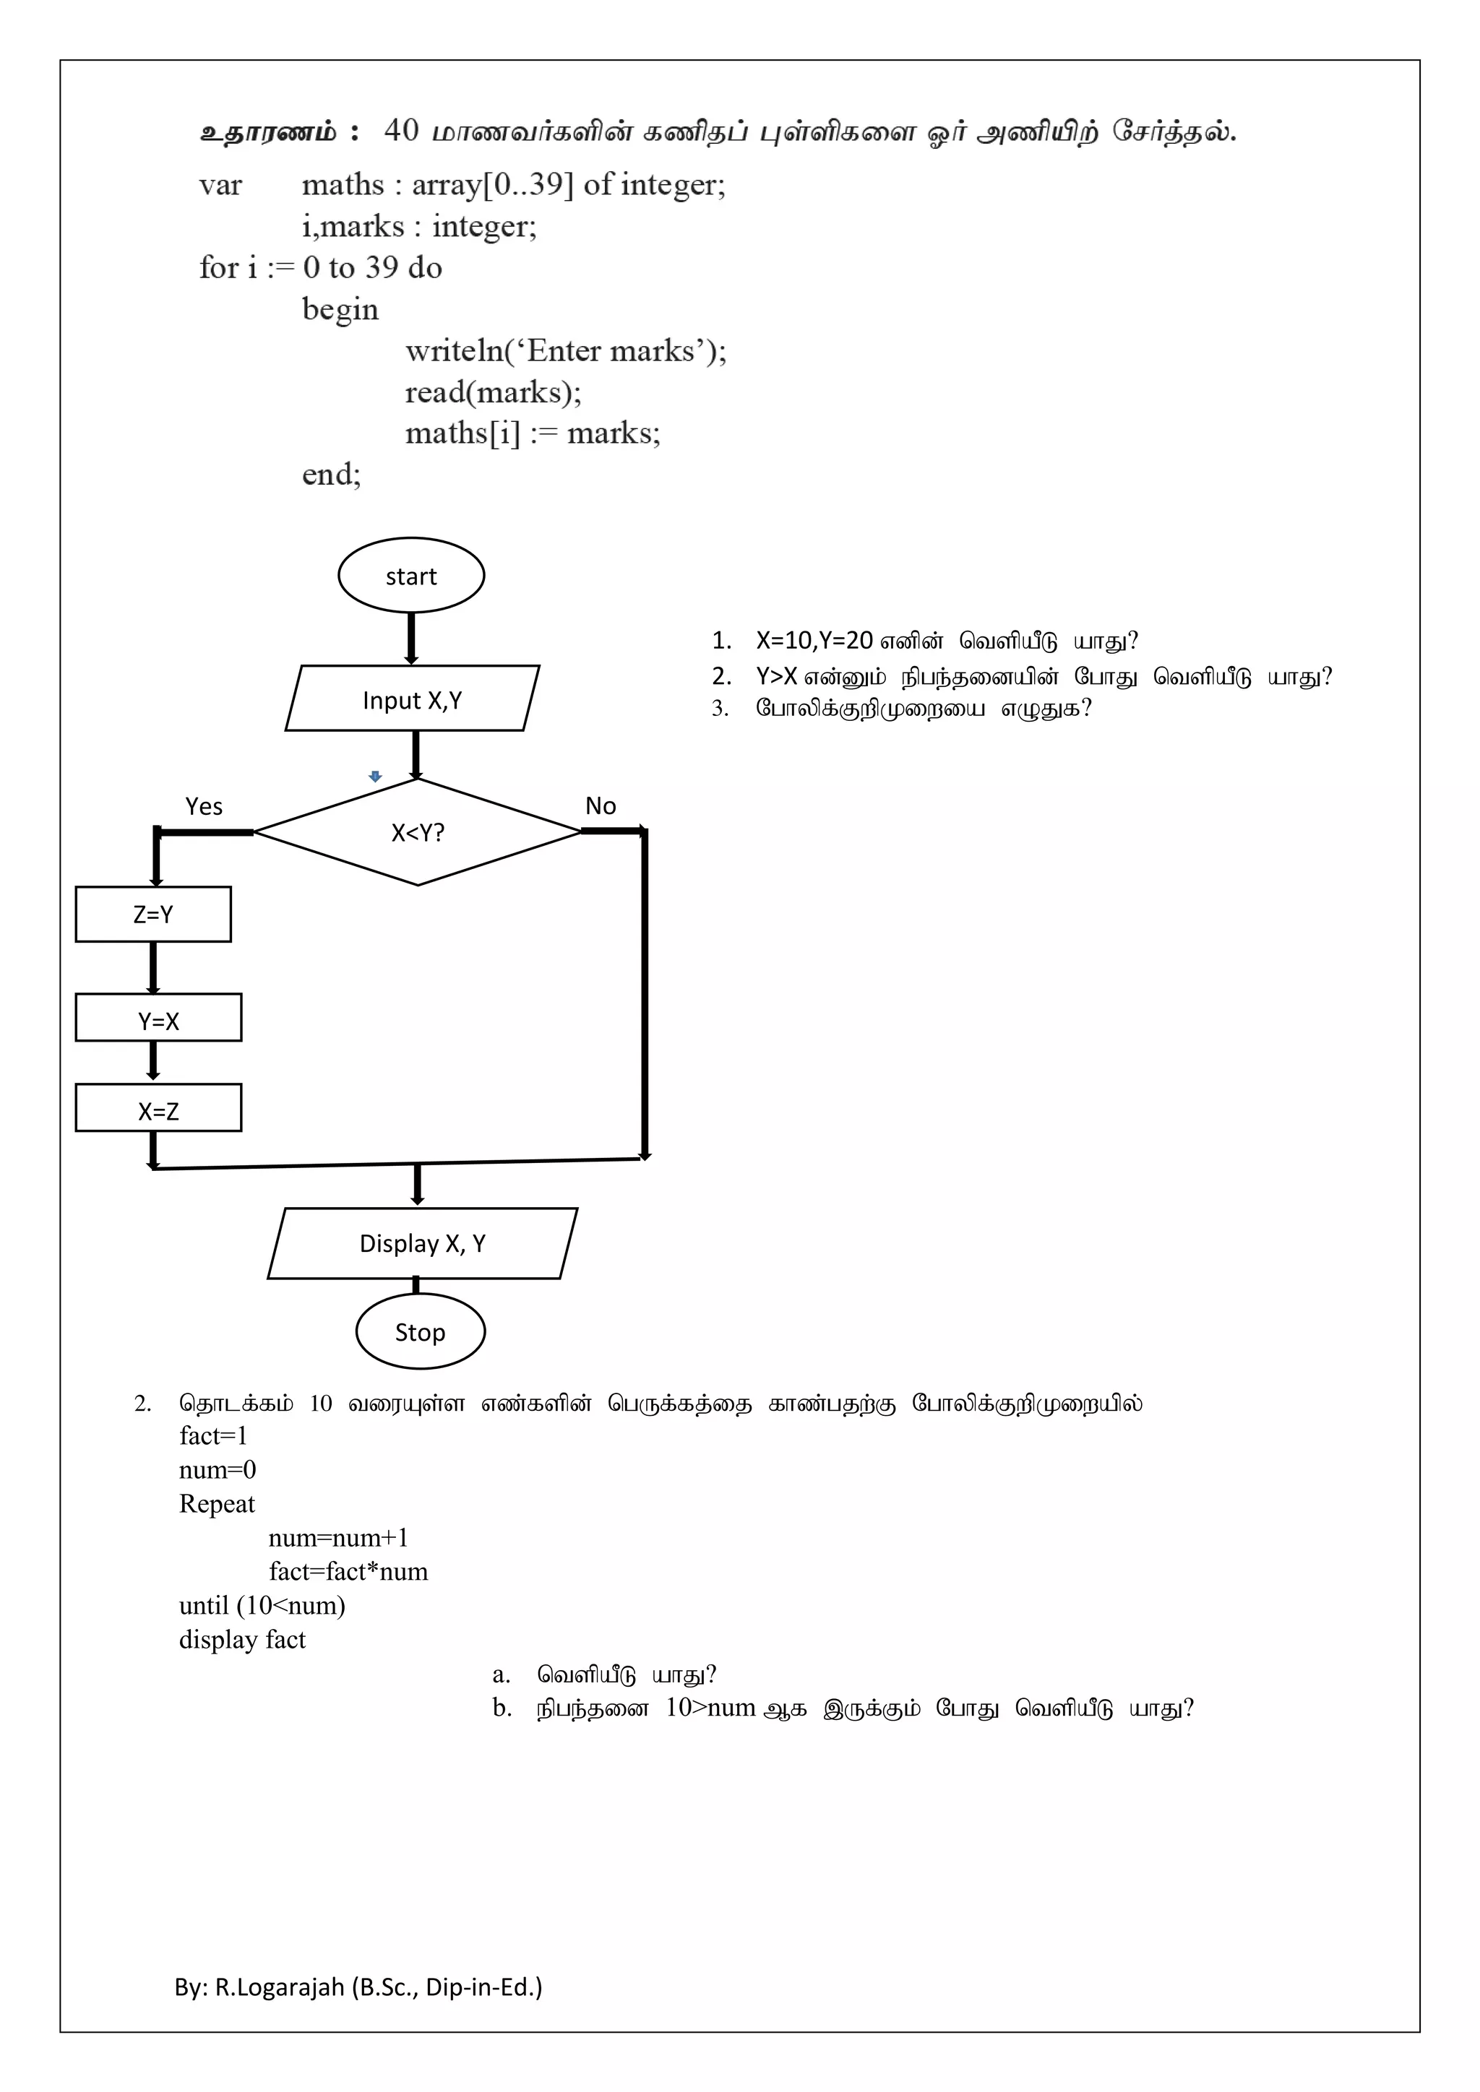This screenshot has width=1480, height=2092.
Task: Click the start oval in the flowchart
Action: point(411,575)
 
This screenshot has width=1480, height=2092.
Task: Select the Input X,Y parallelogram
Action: point(412,699)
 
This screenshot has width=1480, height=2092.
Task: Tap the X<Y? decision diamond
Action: point(418,832)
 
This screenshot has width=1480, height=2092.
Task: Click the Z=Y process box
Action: point(153,914)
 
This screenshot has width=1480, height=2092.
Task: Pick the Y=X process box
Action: point(158,1018)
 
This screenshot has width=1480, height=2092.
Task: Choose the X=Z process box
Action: point(158,1108)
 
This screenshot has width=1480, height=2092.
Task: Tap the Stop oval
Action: point(420,1331)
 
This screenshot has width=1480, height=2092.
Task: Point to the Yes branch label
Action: point(203,806)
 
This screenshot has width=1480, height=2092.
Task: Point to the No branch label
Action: point(601,805)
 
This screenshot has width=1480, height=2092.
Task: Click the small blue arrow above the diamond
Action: point(374,777)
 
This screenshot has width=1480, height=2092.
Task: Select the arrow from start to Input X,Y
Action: point(411,638)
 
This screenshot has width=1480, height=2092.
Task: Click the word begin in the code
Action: point(340,310)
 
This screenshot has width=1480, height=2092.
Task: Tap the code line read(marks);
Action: point(493,392)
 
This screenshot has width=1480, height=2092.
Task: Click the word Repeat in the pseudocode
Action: point(217,1503)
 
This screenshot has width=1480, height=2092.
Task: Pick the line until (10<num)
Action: point(262,1605)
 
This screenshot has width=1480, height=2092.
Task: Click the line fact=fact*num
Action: point(348,1571)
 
